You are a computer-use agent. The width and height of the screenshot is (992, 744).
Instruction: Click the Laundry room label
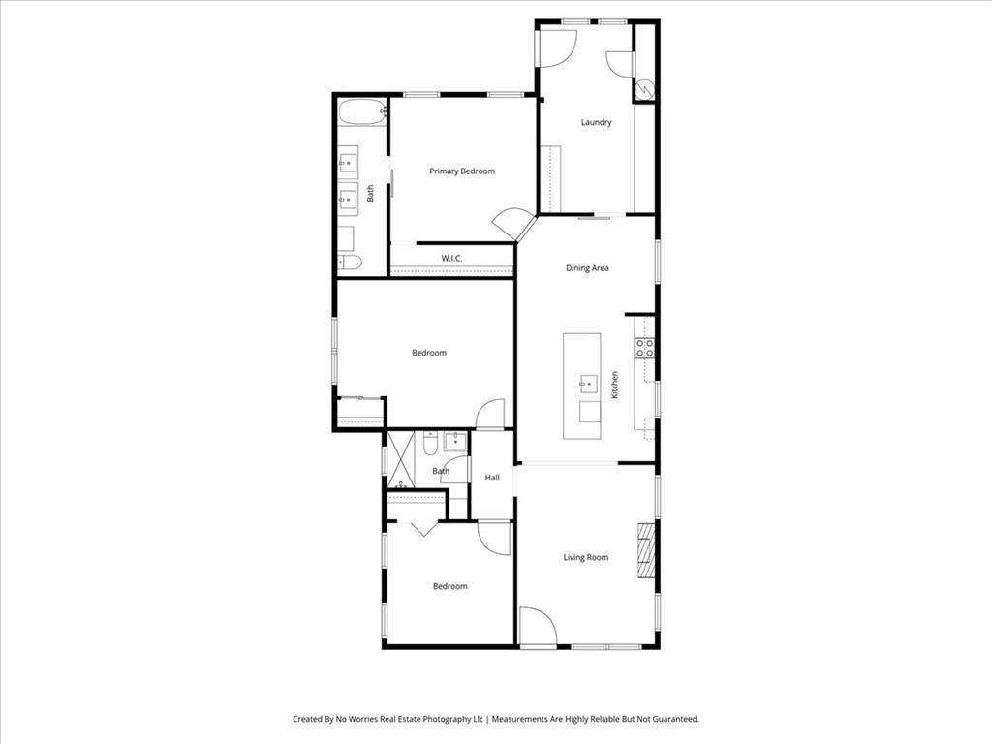[596, 123]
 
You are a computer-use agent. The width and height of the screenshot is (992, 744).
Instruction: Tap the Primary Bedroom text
[462, 171]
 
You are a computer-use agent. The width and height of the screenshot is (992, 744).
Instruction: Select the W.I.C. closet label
[451, 259]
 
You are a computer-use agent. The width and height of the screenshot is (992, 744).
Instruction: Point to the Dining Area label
[587, 268]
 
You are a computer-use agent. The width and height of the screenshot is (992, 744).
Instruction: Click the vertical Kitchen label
[614, 385]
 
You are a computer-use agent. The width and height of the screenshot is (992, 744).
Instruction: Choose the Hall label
[492, 478]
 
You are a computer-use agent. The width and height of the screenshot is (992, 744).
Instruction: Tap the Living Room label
[586, 557]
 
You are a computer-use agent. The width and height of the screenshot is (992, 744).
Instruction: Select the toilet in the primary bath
[350, 262]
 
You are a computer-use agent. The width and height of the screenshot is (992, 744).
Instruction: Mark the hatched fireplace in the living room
[646, 550]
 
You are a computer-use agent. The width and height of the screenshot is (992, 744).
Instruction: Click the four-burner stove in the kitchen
[645, 348]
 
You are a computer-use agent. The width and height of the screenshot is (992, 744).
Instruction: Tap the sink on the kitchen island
[588, 384]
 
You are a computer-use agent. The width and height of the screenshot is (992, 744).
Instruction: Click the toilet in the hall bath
[431, 443]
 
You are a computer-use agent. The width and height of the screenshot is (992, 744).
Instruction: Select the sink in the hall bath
[455, 442]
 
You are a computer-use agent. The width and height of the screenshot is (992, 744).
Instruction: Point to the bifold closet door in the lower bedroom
[422, 528]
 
